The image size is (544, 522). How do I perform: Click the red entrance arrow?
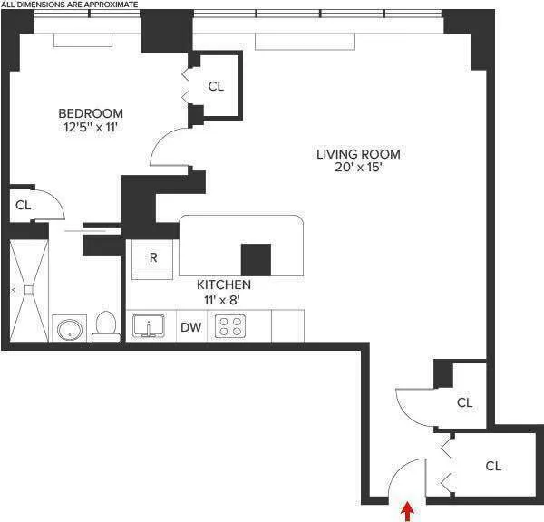(407, 511)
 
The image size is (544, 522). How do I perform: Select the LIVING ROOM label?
(357, 154)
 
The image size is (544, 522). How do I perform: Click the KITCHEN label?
(224, 285)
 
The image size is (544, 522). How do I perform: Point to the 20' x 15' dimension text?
(357, 169)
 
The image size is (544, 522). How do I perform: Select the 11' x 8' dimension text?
(224, 299)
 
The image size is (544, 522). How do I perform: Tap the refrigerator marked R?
(153, 257)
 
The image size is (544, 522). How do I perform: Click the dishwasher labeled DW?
(190, 327)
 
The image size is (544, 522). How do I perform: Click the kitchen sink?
(149, 325)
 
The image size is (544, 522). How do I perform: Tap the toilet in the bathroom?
(106, 325)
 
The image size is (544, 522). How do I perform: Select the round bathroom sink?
(67, 328)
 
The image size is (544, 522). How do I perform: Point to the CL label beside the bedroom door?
(216, 87)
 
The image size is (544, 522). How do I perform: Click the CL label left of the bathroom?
(23, 206)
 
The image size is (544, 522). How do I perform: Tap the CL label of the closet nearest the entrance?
(492, 467)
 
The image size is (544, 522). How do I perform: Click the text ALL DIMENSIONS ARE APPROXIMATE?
(70, 5)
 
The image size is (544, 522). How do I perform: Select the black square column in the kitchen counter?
(256, 260)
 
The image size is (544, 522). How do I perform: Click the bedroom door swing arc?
(167, 145)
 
